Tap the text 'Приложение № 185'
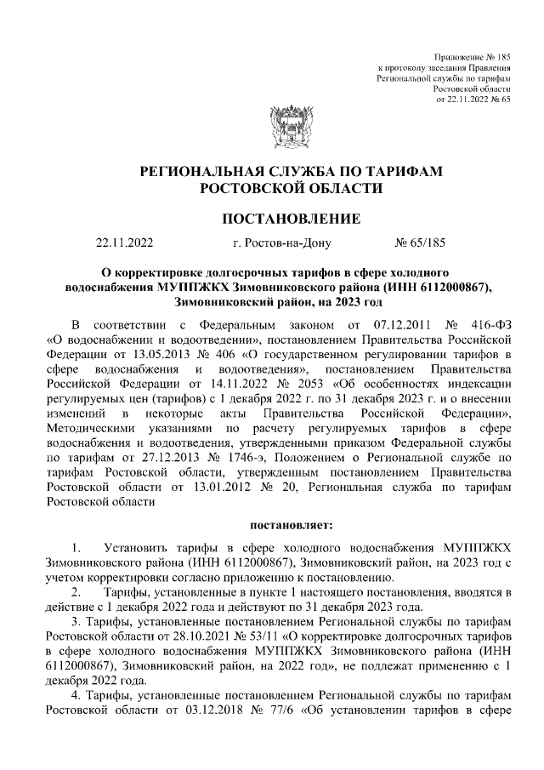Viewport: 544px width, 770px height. (x=472, y=55)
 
